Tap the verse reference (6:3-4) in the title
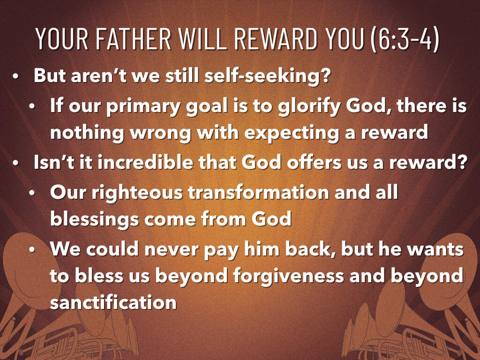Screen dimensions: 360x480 (x=404, y=39)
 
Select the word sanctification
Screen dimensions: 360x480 (x=113, y=302)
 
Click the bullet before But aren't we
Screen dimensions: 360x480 (x=16, y=76)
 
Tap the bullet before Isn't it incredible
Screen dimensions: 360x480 (x=16, y=164)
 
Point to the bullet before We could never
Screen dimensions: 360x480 (x=32, y=249)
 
